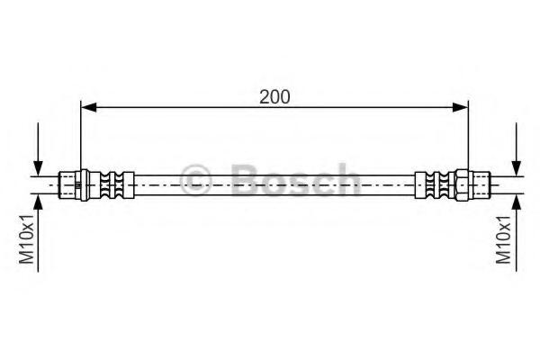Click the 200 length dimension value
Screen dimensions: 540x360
pos(274,97)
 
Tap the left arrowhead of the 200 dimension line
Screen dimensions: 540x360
pos(88,107)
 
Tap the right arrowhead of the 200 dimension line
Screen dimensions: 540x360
pos(461,107)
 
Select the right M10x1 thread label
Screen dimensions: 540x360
pos(503,239)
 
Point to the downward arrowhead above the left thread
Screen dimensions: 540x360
pos(38,168)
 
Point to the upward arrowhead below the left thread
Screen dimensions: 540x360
pos(38,202)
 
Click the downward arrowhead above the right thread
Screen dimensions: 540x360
pos(516,168)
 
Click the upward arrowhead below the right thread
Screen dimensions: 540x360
pos(516,202)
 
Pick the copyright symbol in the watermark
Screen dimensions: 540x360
pos(195,179)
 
